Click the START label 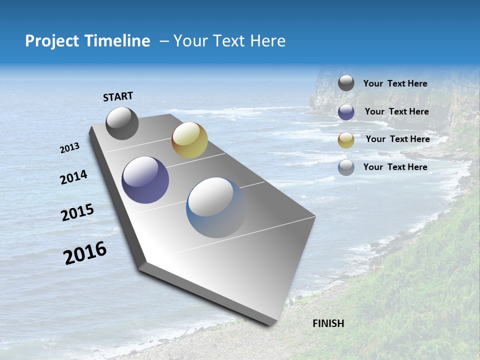(118, 96)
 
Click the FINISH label (328, 323)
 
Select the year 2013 (70, 148)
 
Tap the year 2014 (73, 177)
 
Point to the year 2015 (77, 212)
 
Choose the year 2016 (85, 253)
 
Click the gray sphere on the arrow (122, 123)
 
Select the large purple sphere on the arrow (145, 180)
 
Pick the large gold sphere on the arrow (189, 140)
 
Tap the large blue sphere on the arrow (216, 207)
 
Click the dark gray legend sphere (346, 83)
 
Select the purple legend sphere (346, 112)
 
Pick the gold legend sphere (346, 140)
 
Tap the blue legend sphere (346, 167)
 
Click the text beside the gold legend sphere (397, 139)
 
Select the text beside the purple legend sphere (396, 111)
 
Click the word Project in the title (52, 41)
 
